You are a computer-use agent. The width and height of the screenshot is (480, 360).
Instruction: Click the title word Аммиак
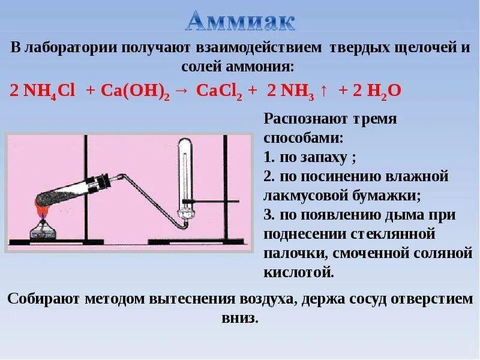240,22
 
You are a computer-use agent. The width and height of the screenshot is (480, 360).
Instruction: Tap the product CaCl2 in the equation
219,91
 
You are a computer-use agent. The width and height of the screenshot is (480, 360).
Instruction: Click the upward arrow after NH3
324,91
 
